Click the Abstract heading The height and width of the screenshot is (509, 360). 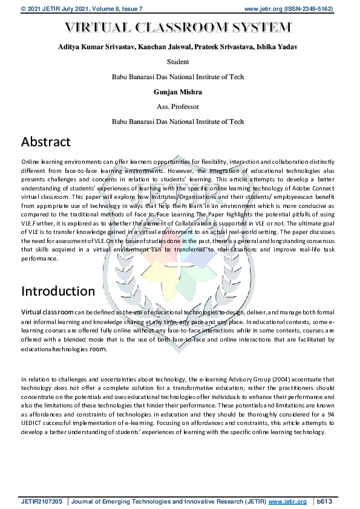pos(46,142)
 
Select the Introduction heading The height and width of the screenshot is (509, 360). pos(58,291)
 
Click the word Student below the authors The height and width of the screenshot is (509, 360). pos(177,62)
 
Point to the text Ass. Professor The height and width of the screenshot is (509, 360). pos(177,106)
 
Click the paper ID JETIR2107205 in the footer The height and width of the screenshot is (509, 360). pos(42,502)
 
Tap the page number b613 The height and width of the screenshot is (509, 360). pos(326,502)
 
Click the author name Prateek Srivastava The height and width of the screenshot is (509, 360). pos(220,47)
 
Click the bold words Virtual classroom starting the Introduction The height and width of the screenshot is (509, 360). pos(47,311)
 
